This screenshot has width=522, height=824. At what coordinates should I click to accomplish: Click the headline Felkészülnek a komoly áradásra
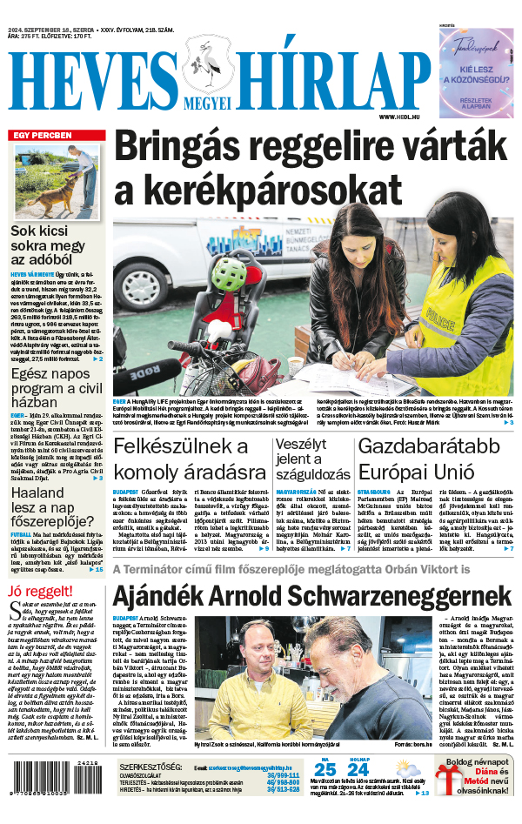[x=189, y=459]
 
